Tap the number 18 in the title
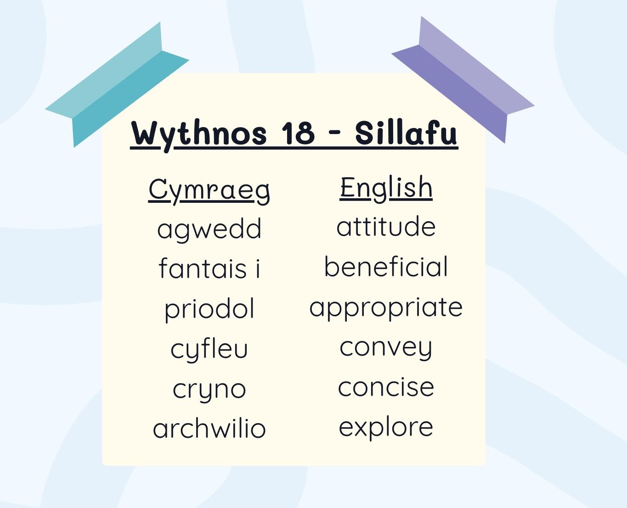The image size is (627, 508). (298, 134)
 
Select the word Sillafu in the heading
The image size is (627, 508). (406, 133)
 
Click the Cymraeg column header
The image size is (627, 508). (209, 191)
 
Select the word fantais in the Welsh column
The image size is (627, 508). (203, 268)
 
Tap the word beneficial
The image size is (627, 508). (386, 266)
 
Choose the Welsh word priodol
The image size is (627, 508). (209, 310)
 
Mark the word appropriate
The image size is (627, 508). (386, 309)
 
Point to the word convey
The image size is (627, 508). (386, 349)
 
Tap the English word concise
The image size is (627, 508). (386, 387)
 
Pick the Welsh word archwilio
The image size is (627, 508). (209, 428)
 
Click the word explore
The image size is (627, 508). (386, 428)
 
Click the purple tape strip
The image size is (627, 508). (462, 79)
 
